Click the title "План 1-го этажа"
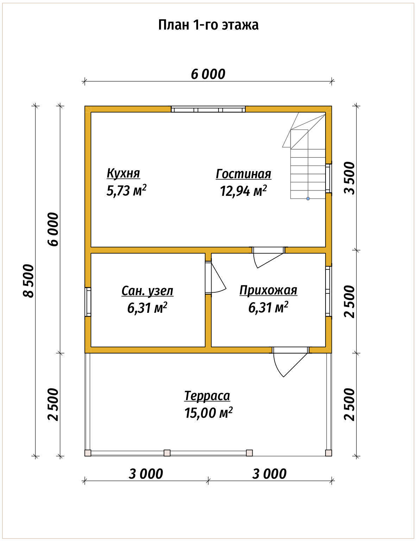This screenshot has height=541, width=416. pos(208,25)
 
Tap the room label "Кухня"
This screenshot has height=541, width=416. pos(123,174)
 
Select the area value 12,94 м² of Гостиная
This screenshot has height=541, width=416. pos(244,191)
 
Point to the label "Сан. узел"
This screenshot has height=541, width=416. pos(147,291)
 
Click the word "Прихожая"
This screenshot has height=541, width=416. pos(268,290)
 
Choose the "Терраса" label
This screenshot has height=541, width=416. pos(207,396)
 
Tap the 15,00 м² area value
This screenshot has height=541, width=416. pos(208,413)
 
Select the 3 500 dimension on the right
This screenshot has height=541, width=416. pos(349,178)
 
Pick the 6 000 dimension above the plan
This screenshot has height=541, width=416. pos(208,74)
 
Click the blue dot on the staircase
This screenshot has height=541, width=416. pos(308,199)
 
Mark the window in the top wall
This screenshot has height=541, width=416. pos(208,109)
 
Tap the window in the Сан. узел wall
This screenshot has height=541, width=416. pos(88,302)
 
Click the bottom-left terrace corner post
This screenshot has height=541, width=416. pos(88,453)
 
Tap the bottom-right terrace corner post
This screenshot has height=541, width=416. pos(328,453)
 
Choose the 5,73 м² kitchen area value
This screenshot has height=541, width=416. pos(126,191)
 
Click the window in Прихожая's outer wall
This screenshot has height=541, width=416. pos(328,291)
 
